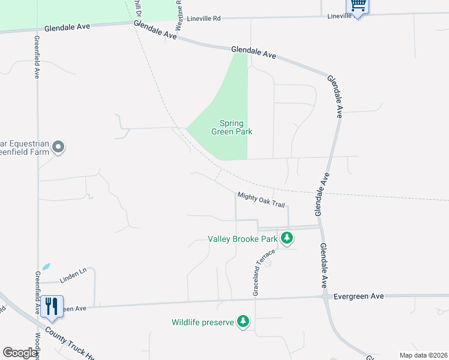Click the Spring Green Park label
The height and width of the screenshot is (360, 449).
(x=232, y=127)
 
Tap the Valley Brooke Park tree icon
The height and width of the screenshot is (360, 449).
(x=288, y=238)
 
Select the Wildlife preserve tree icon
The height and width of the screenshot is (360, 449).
(x=243, y=322)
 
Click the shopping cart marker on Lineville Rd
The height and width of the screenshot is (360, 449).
(x=358, y=5)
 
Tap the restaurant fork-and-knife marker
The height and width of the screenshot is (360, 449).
(x=52, y=306)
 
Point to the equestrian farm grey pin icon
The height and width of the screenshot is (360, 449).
(x=58, y=146)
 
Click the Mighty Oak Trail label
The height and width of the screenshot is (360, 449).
(x=261, y=199)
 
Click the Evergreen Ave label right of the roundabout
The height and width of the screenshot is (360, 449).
(x=358, y=296)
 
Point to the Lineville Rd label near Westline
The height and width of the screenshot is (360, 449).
(x=203, y=19)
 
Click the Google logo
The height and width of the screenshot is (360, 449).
(x=20, y=353)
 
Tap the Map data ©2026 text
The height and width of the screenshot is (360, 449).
(x=423, y=355)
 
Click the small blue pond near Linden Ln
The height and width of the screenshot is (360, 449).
(x=46, y=266)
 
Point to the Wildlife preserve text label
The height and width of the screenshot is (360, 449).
(x=202, y=322)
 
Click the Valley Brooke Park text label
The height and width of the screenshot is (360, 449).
(x=243, y=239)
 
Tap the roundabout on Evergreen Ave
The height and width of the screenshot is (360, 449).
(x=325, y=296)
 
